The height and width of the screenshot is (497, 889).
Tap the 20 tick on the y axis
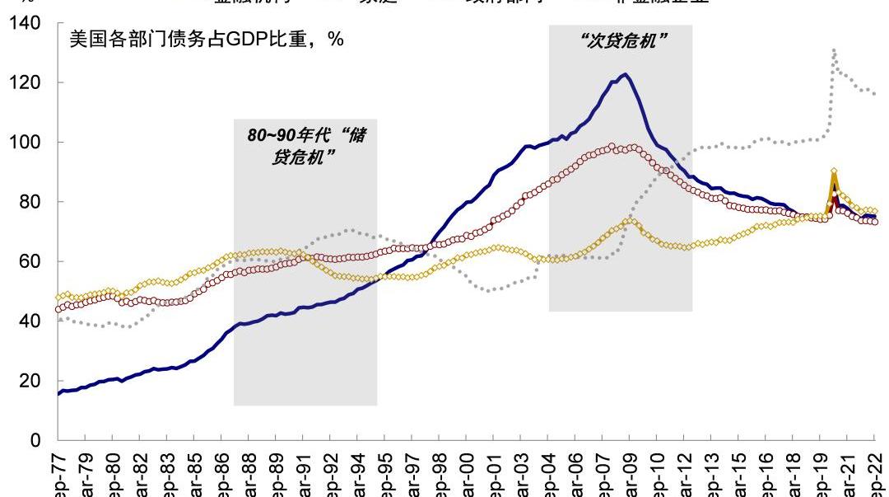(x=33, y=381)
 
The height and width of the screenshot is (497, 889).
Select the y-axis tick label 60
(x=33, y=262)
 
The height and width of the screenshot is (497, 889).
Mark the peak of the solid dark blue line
(x=626, y=75)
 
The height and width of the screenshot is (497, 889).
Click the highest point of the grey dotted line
(x=834, y=50)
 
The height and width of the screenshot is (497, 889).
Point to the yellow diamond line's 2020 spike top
(x=834, y=171)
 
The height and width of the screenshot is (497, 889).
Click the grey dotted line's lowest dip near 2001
(x=491, y=290)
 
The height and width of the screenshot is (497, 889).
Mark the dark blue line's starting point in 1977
(x=59, y=393)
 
